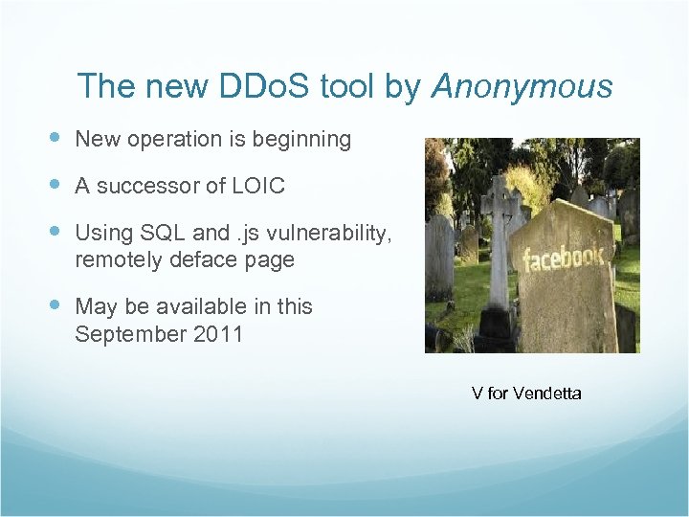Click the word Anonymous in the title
coord(522,87)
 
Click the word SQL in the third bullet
coord(162,233)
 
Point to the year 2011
coord(217,335)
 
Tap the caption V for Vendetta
coord(525,393)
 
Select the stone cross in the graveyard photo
coord(499,239)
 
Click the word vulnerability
coord(331,233)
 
